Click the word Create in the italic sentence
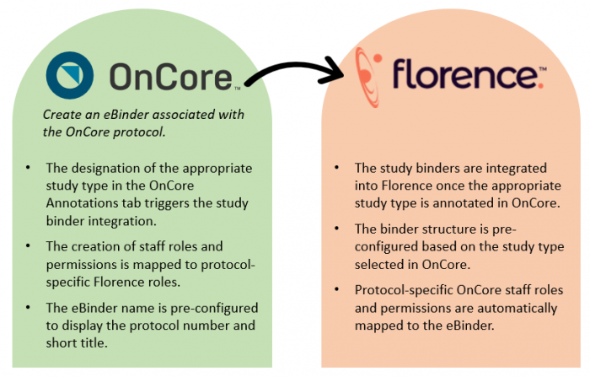(x=62, y=115)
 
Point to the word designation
(x=110, y=169)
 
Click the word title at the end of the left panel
(x=125, y=344)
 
